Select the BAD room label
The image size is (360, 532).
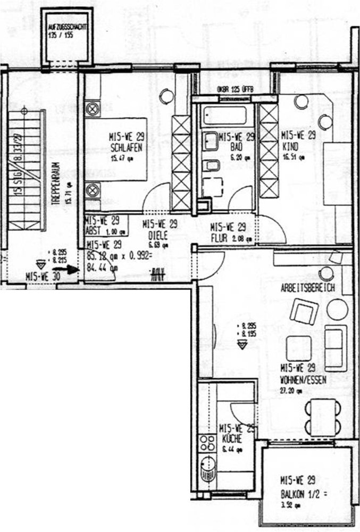click(237, 145)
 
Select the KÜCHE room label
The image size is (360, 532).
click(232, 439)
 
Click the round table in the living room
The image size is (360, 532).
click(337, 310)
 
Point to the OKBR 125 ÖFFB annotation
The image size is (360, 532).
click(236, 89)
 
